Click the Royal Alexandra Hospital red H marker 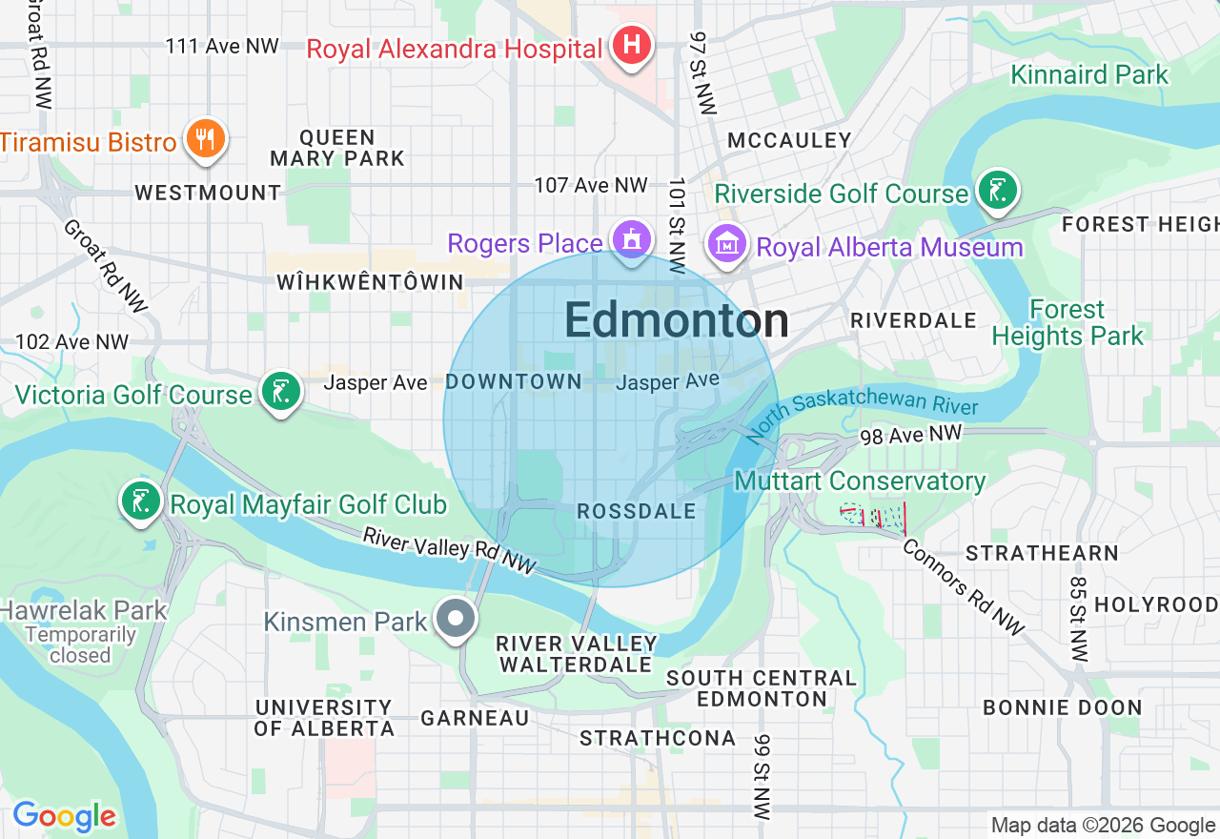pyautogui.click(x=630, y=45)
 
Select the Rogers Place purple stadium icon pyautogui.click(x=631, y=240)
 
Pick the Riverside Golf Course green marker pyautogui.click(x=997, y=190)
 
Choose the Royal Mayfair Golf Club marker pyautogui.click(x=141, y=501)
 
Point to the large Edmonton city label pyautogui.click(x=676, y=321)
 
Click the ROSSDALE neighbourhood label pyautogui.click(x=637, y=512)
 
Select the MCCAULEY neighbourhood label pyautogui.click(x=789, y=141)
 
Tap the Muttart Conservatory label pyautogui.click(x=860, y=481)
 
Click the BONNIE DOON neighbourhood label pyautogui.click(x=1062, y=707)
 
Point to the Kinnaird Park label pyautogui.click(x=1089, y=74)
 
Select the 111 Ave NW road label pyautogui.click(x=222, y=46)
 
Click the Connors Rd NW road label pyautogui.click(x=963, y=587)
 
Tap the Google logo pyautogui.click(x=64, y=816)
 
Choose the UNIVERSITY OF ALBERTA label pyautogui.click(x=324, y=718)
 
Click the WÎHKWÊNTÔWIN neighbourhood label pyautogui.click(x=370, y=282)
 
